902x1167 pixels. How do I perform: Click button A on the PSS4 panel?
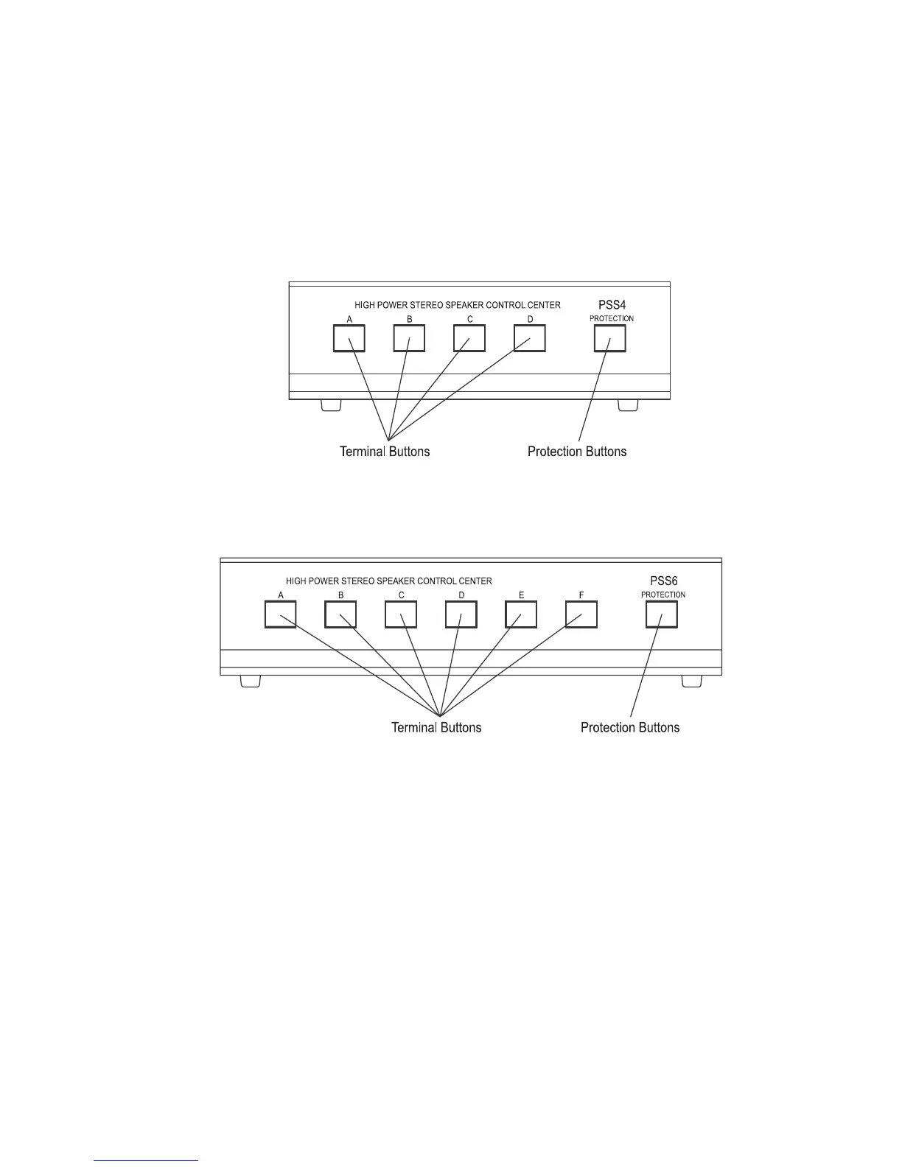tap(349, 338)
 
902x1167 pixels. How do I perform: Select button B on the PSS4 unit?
tap(409, 338)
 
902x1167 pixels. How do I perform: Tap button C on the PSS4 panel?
tap(469, 338)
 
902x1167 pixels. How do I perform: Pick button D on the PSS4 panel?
tap(530, 338)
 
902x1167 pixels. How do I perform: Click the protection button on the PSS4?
tap(610, 338)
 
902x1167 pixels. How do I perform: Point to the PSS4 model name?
tap(612, 305)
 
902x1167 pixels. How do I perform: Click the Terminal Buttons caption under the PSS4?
tap(385, 452)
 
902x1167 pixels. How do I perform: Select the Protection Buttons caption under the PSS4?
tap(577, 452)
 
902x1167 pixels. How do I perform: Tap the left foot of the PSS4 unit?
tap(331, 405)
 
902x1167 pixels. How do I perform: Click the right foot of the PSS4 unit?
tap(628, 405)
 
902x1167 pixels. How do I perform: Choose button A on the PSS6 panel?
tap(280, 614)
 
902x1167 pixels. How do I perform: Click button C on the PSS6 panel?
tap(401, 614)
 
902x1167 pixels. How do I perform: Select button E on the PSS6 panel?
tap(521, 614)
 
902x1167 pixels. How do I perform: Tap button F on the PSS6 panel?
tap(581, 614)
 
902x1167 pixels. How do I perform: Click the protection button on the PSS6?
tap(662, 614)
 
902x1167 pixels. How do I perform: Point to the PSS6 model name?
tap(663, 581)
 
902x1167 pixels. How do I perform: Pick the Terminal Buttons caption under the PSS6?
tap(436, 728)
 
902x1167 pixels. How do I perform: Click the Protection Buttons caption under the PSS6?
tap(630, 728)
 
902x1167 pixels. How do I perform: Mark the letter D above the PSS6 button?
tap(461, 595)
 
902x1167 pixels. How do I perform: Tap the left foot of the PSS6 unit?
tap(251, 681)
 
